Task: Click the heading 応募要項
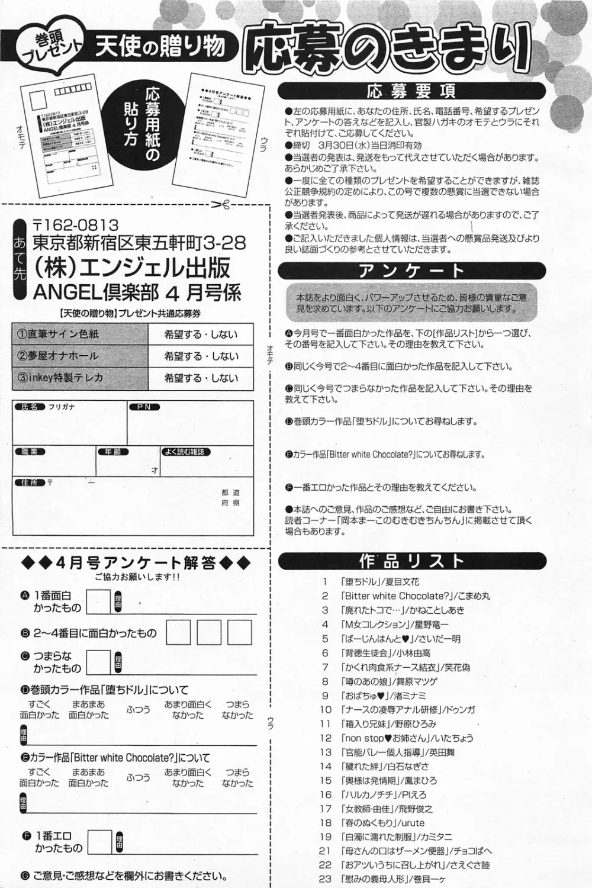[x=411, y=91]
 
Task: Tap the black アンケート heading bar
[x=411, y=271]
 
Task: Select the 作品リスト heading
[x=411, y=561]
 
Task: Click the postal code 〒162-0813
[x=75, y=225]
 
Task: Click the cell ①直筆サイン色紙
[x=80, y=334]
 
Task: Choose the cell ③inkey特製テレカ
[x=80, y=378]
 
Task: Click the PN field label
[x=144, y=407]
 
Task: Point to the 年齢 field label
[x=113, y=452]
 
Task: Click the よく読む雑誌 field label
[x=186, y=452]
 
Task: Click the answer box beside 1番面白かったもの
[x=99, y=602]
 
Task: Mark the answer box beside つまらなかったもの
[x=99, y=662]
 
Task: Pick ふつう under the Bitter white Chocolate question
[x=138, y=777]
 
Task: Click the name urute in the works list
[x=413, y=823]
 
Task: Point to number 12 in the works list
[x=326, y=738]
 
